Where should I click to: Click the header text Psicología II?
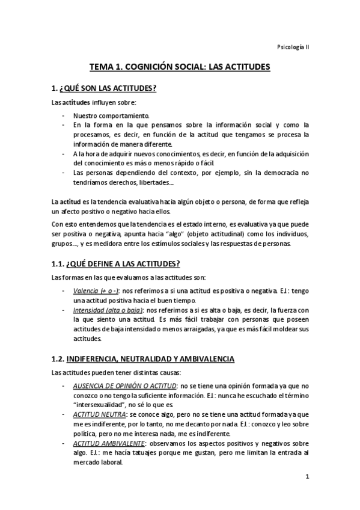click(293, 47)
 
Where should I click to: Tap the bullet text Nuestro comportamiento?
click(112, 115)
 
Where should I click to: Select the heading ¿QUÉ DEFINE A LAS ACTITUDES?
click(124, 264)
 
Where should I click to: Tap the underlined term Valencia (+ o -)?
click(96, 290)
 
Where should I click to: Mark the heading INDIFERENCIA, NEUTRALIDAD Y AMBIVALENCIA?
click(151, 359)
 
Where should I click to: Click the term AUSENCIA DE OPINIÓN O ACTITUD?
click(125, 385)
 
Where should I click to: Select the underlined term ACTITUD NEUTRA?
click(100, 414)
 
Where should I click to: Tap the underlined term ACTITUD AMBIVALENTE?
click(109, 443)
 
